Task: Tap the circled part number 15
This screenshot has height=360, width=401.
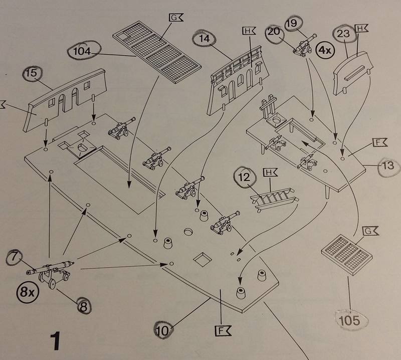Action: [31, 74]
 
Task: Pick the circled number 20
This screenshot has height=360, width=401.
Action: [274, 32]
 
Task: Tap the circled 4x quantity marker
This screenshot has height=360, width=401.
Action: [325, 51]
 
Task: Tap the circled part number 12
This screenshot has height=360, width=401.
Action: [244, 177]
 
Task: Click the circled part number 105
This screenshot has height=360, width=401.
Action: [349, 319]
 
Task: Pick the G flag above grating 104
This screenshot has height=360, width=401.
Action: [176, 19]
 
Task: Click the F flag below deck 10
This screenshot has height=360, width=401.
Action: [221, 330]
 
